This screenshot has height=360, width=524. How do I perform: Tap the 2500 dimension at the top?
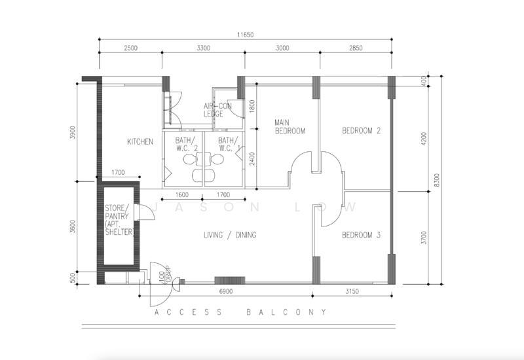(130, 49)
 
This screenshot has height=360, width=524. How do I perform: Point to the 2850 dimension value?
(356, 49)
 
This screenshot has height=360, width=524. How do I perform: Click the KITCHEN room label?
(140, 141)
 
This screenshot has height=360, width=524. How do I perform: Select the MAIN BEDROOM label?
(290, 126)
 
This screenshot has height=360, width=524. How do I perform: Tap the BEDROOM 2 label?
(362, 131)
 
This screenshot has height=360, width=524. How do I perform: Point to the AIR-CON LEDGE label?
(214, 110)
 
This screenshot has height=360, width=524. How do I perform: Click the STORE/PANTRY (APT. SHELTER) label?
(119, 221)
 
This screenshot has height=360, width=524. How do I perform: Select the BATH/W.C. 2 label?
(186, 144)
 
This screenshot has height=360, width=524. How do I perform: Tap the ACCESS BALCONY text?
(240, 312)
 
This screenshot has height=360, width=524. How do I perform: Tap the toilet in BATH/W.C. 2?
(189, 159)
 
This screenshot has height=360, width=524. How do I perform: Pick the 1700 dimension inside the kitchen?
(119, 173)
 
